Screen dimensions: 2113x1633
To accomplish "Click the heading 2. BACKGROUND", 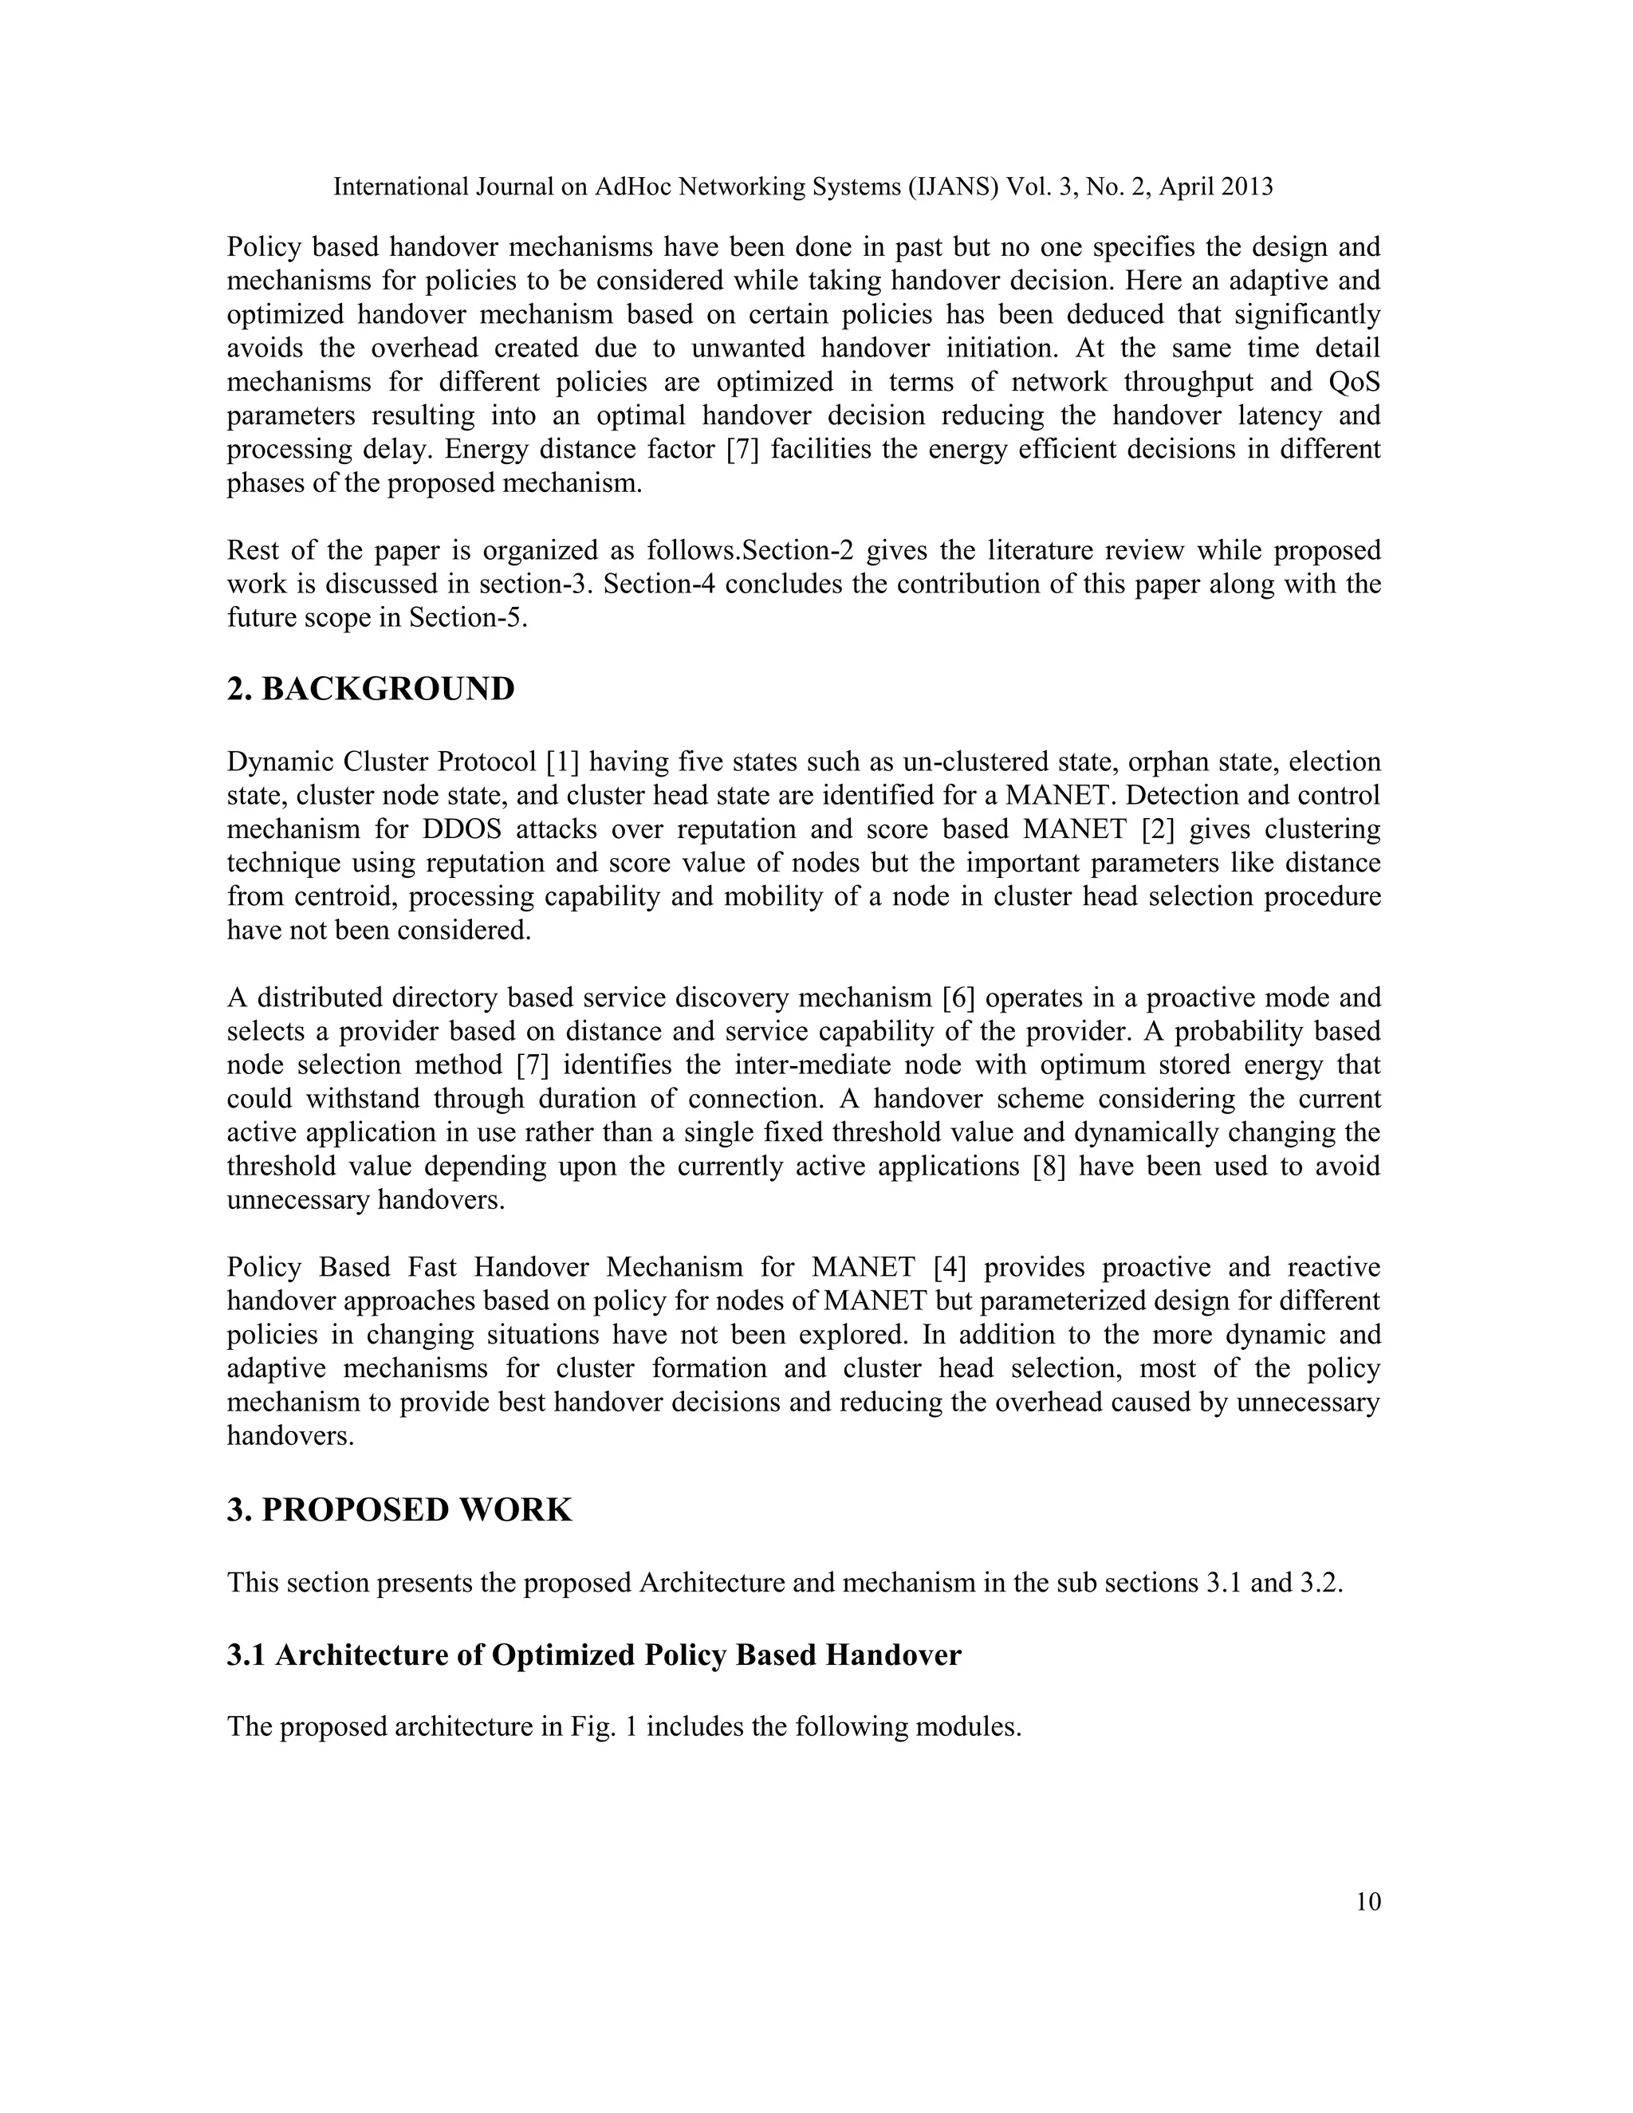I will click(x=371, y=690).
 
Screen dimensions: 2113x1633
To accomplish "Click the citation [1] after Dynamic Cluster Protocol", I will click(x=562, y=762).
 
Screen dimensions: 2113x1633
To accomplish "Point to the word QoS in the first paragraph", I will click(x=1355, y=382).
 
